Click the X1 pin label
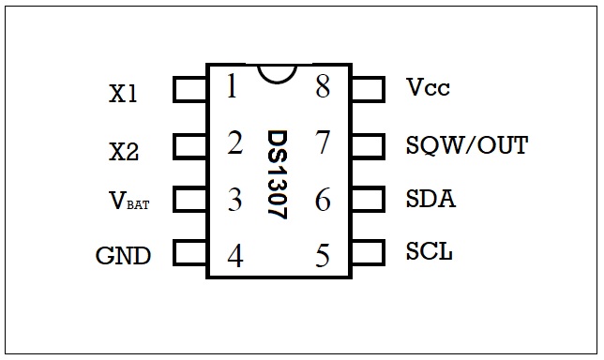123,94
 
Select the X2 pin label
123,150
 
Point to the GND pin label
123,255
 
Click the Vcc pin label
428,89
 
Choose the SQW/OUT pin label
466,145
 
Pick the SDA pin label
430,199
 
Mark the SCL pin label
430,251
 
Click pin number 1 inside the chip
231,87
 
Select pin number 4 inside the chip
234,256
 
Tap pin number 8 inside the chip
324,87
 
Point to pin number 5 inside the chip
324,256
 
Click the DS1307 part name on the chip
278,174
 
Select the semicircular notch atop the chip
278,73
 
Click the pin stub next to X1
190,90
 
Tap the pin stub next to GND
190,253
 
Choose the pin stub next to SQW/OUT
367,145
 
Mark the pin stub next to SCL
367,252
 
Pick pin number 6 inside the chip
324,200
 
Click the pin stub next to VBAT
190,200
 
